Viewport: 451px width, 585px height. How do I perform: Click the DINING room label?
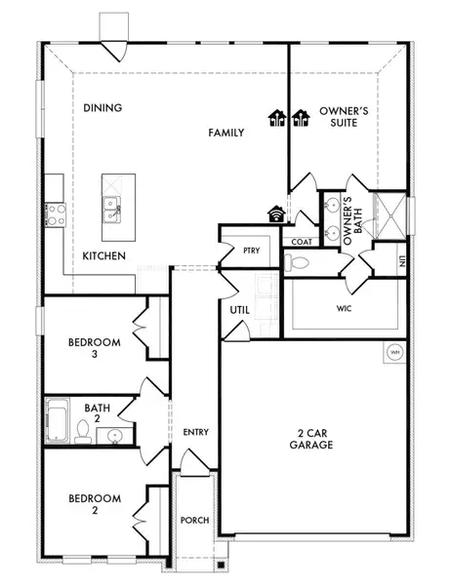(102, 107)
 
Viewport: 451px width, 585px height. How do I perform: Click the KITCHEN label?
(102, 254)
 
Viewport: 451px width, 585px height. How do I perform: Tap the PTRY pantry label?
(250, 251)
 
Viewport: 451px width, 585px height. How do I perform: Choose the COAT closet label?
(300, 242)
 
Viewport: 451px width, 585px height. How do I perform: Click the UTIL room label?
(241, 310)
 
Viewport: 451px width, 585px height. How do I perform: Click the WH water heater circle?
(395, 353)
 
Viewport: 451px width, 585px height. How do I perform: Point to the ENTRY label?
(195, 432)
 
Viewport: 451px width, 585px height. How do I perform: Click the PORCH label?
(195, 521)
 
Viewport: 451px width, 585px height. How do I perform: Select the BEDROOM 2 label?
(95, 505)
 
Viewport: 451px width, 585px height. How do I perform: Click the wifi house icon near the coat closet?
(276, 213)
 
